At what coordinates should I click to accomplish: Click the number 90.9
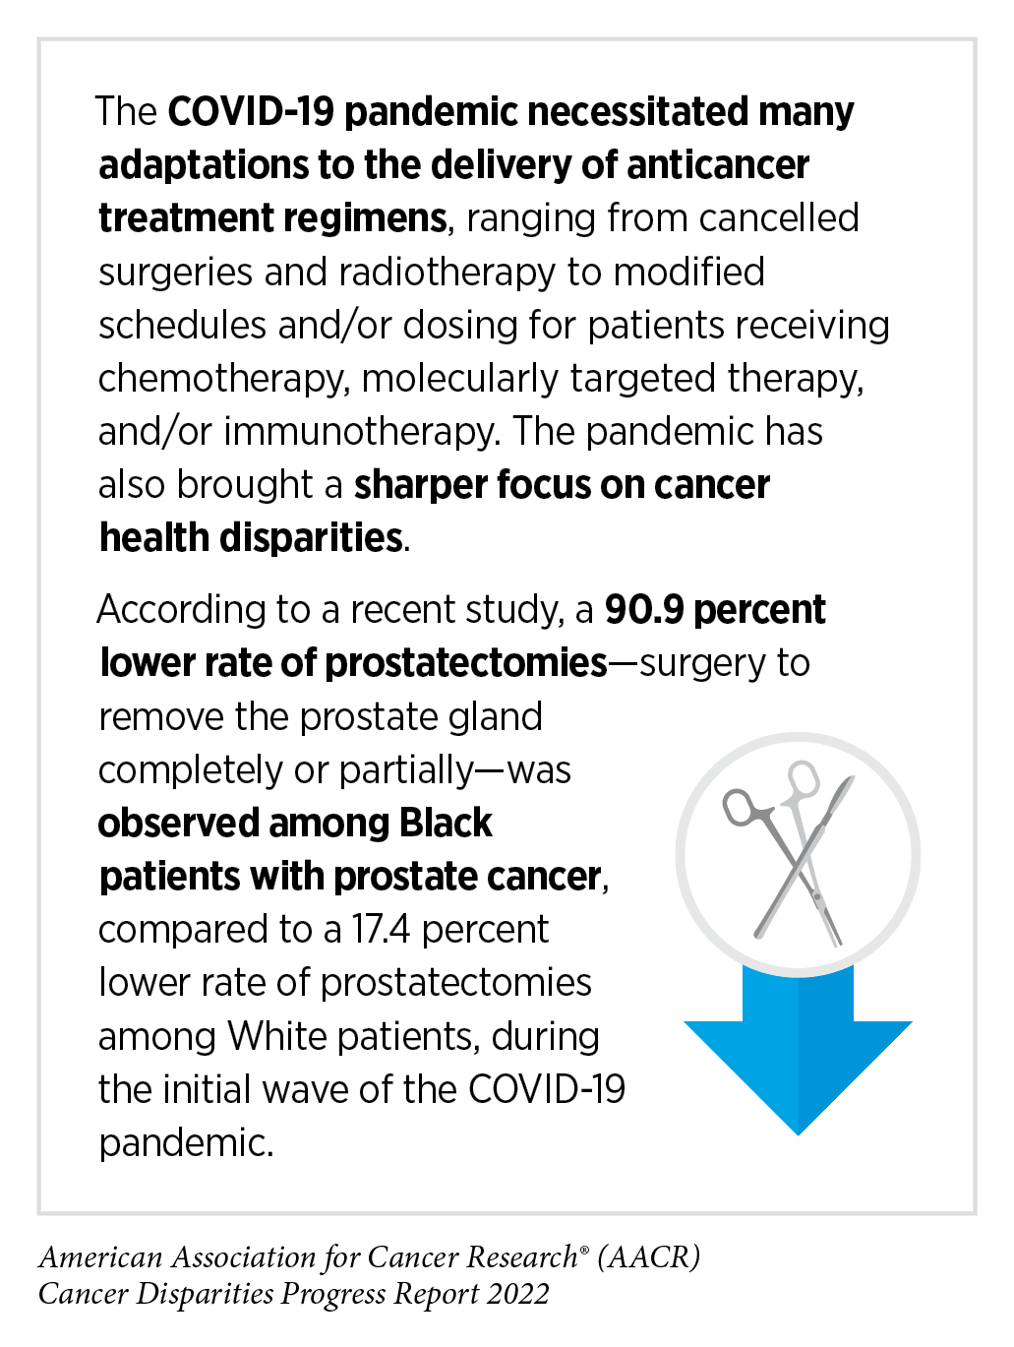[644, 610]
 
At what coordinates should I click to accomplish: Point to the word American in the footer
[101, 1257]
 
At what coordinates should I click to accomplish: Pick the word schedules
[183, 326]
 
